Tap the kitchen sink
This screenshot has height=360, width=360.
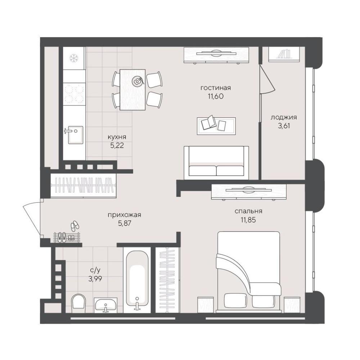(75, 135)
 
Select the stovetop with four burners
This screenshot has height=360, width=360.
(74, 94)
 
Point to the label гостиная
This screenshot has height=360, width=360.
(216, 88)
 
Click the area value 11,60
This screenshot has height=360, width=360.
(216, 96)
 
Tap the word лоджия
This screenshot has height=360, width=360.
(284, 118)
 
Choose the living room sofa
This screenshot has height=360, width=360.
(216, 162)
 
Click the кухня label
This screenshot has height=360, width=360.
(117, 137)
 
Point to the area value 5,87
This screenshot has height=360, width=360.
(125, 223)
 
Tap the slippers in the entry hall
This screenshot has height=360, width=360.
(75, 226)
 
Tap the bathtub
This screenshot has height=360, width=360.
(137, 282)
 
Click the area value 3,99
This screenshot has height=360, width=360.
(95, 279)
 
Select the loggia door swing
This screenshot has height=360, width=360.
(267, 79)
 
